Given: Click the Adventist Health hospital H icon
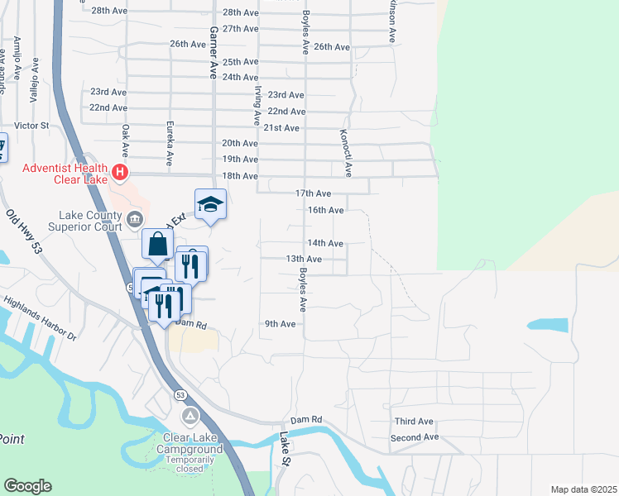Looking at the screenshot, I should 121,173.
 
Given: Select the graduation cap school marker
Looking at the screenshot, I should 210,204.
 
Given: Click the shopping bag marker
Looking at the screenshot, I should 157,245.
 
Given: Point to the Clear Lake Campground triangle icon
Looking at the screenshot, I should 191,415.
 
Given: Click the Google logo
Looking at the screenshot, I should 27,486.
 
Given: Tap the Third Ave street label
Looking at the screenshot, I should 414,421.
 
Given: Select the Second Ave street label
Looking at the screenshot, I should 414,436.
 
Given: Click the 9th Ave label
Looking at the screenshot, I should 280,324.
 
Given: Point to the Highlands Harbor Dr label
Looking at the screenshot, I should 40,318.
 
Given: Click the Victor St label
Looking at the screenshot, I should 33,126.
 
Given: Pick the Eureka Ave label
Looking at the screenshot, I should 169,147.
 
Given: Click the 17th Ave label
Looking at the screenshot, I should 314,193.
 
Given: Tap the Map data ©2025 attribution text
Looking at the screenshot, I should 583,489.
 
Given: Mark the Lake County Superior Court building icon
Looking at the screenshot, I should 135,218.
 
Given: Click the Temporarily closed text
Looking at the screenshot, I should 191,463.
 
